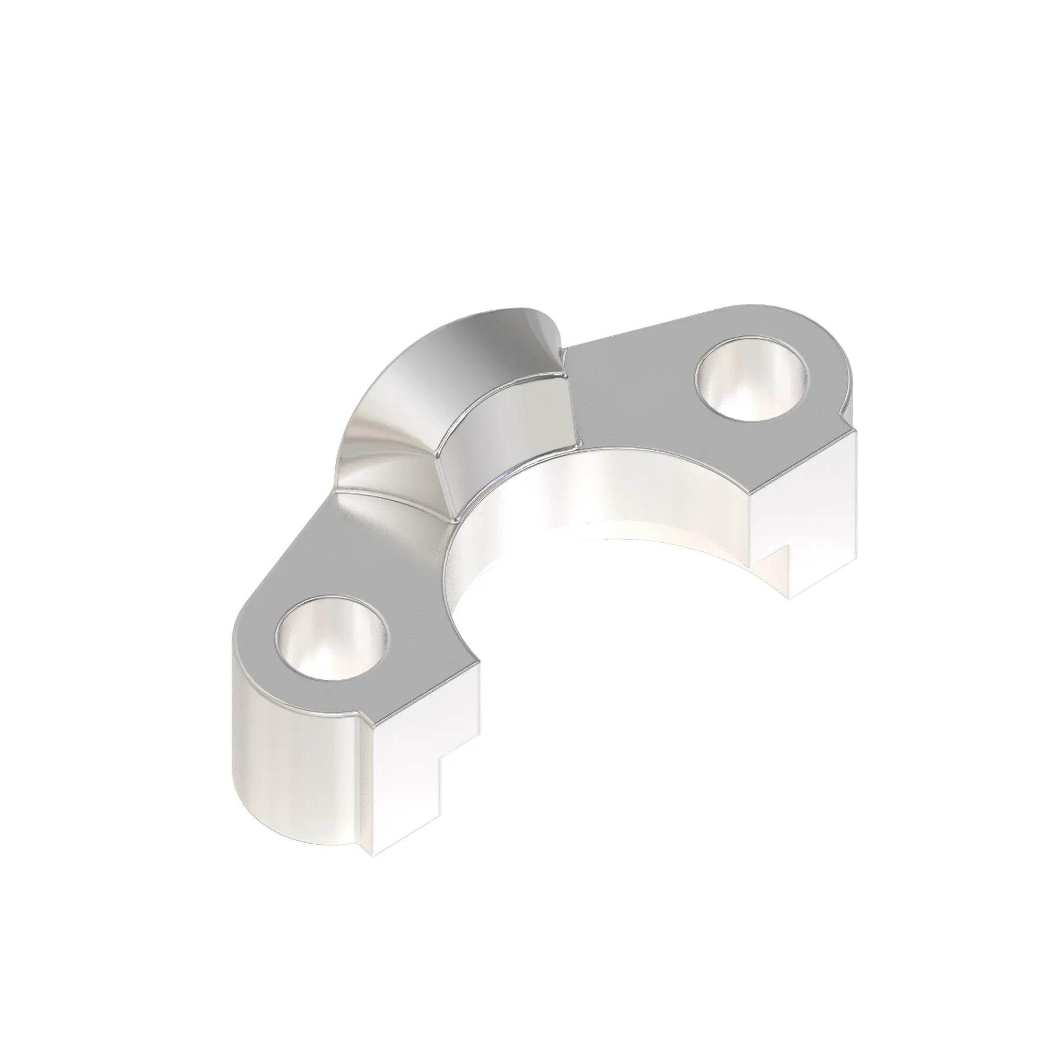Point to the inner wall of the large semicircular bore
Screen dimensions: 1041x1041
(x=593, y=496)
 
